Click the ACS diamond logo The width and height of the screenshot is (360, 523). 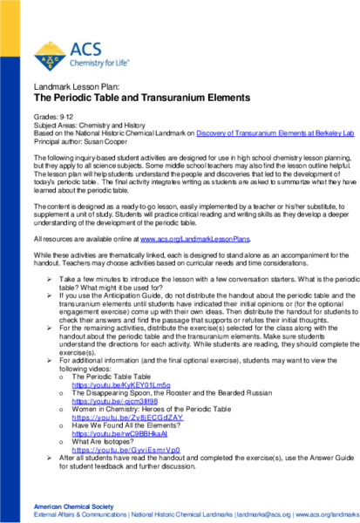51,55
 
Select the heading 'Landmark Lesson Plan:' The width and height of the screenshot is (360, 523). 71,88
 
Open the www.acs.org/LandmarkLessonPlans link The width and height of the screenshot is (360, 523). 195,237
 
